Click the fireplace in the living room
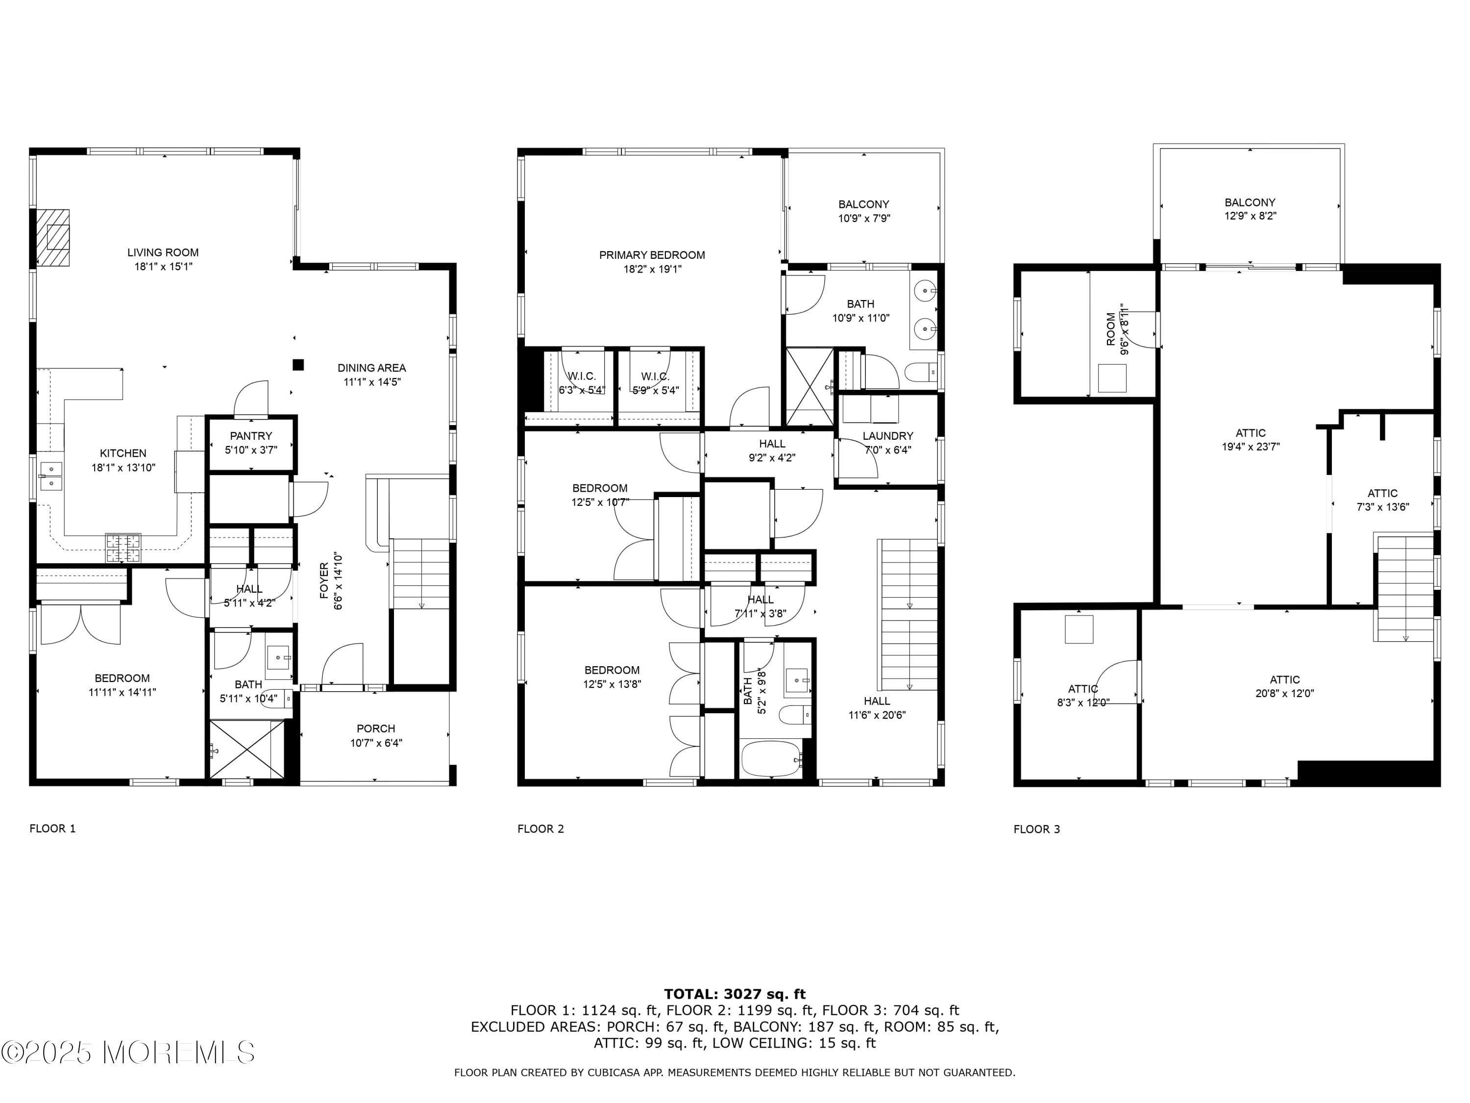pyautogui.click(x=53, y=237)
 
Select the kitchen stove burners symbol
pyautogui.click(x=123, y=548)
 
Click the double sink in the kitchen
pyautogui.click(x=50, y=476)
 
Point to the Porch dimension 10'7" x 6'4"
pyautogui.click(x=376, y=743)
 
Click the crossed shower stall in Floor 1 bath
pyautogui.click(x=246, y=749)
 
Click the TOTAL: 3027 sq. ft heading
pyautogui.click(x=735, y=994)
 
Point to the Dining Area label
pyautogui.click(x=371, y=368)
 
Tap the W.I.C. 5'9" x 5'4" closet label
pyautogui.click(x=655, y=384)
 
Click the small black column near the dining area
pyautogui.click(x=298, y=364)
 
